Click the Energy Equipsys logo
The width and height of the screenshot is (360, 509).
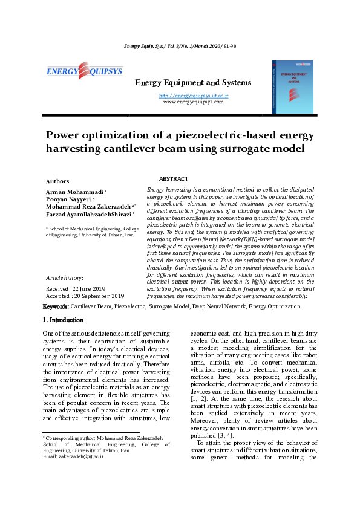coord(84,72)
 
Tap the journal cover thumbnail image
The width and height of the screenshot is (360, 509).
coord(293,86)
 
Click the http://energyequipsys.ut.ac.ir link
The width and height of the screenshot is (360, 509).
coord(193,96)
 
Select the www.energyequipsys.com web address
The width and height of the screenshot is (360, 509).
coord(193,102)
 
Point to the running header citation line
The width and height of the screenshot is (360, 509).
coord(180,46)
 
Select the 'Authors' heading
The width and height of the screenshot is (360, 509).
coord(57,181)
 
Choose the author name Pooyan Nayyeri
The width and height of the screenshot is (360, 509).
coord(69,198)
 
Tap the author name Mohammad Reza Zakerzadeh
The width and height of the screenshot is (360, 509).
coord(89,206)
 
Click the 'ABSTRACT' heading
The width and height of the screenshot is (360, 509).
coord(174,179)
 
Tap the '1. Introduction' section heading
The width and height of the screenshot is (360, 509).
coord(63,320)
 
